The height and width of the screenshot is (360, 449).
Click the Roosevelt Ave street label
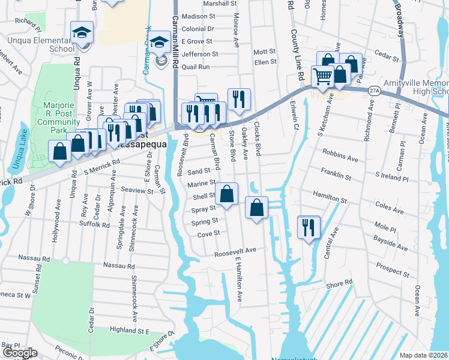point(236,251)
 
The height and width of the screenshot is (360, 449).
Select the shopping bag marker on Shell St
point(227,194)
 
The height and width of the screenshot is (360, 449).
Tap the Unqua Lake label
point(15,151)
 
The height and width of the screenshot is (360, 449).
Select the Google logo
point(20,353)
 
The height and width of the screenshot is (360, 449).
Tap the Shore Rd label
point(339,283)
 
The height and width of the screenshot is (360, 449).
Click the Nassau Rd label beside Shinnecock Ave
point(118,265)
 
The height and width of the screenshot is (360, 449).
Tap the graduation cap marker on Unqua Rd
point(82,34)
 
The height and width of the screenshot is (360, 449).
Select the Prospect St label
point(392,268)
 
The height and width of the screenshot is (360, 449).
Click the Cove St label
point(209,233)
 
